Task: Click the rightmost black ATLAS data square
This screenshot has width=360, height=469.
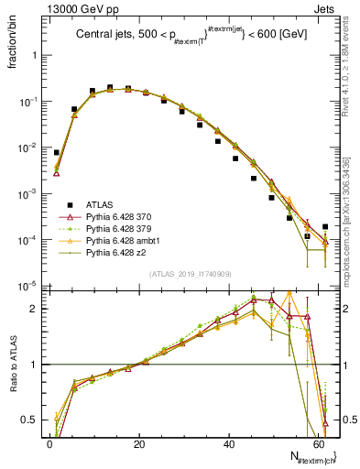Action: (325, 226)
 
